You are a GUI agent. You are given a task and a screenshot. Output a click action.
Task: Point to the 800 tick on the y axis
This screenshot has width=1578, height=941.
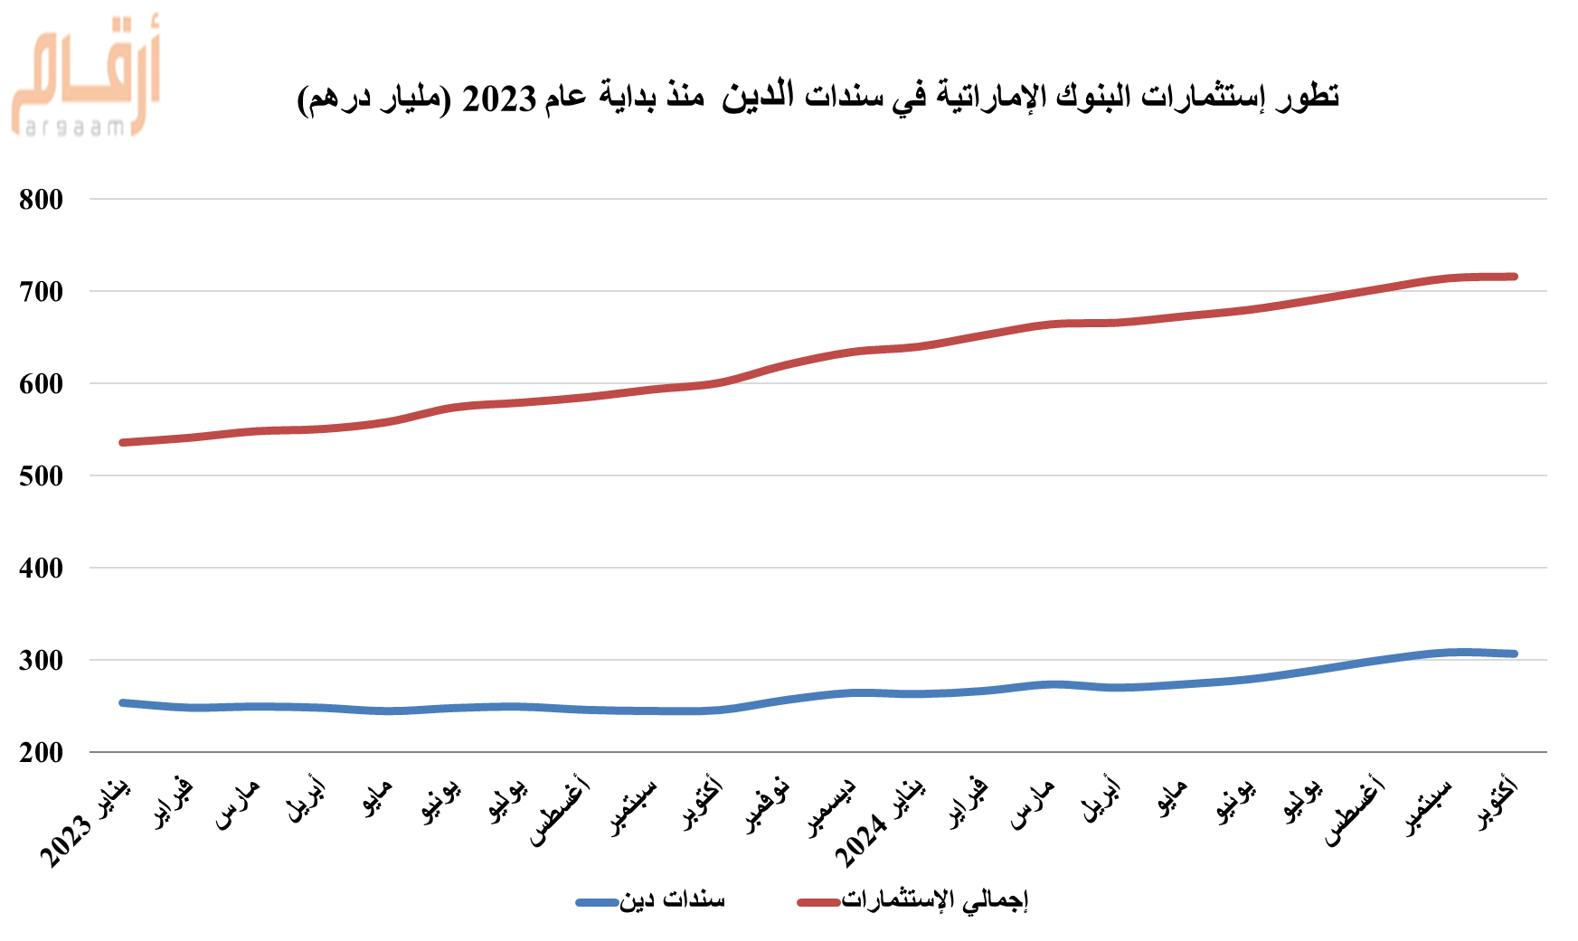pos(41,200)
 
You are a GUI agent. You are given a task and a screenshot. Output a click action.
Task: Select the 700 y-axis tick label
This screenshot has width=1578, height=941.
pos(41,292)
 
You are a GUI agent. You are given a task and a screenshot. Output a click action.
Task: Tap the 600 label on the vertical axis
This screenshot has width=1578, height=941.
pos(41,384)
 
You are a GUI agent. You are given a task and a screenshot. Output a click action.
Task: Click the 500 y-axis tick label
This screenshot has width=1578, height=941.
pos(41,476)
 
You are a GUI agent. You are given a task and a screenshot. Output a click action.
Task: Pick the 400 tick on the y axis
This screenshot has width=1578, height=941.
pos(41,569)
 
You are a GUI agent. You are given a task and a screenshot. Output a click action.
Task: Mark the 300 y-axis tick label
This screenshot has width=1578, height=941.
pos(41,661)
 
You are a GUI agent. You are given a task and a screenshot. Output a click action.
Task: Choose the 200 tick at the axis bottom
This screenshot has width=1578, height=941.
pos(41,753)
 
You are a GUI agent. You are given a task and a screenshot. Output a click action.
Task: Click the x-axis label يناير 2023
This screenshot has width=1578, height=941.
pos(87,823)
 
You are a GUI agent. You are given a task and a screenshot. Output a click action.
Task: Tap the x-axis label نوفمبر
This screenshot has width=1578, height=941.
pos(768,805)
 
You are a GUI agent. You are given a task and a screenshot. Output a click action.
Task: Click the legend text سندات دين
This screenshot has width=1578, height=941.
pos(672,900)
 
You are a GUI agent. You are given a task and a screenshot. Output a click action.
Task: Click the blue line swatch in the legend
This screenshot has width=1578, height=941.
pos(598,902)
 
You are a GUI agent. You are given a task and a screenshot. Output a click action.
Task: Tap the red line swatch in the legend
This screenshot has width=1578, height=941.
pos(819,902)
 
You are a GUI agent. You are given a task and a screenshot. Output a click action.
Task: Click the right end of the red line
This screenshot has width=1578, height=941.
pos(1515,277)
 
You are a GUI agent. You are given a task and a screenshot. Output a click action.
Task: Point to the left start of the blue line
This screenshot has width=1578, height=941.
pos(122,702)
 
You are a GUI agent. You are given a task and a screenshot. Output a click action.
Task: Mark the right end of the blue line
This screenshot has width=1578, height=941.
pos(1515,654)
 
